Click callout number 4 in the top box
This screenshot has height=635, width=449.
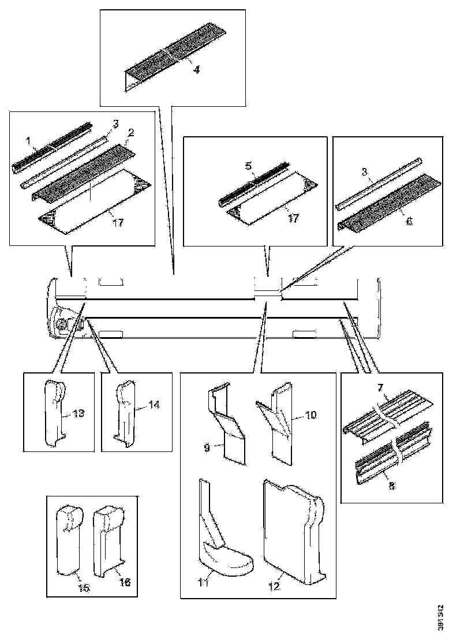coord(196,70)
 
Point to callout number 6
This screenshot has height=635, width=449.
coord(409,221)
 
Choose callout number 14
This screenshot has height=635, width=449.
coord(154,406)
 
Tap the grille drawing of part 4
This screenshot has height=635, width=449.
coord(173,55)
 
